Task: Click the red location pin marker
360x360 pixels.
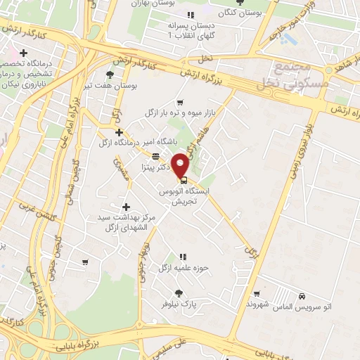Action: (x=181, y=164)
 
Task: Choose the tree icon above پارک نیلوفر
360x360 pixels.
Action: (x=179, y=294)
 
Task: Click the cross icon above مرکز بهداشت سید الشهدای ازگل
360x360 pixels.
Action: (x=126, y=207)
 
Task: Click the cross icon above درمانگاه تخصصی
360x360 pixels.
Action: (x=24, y=53)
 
